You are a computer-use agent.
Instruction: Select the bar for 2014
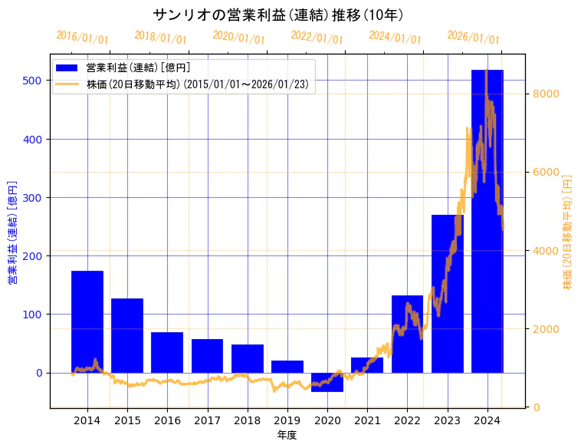coord(87,321)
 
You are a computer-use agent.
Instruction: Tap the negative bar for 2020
coord(327,382)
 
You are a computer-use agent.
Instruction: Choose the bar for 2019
coord(287,367)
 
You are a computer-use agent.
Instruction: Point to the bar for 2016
coord(167,352)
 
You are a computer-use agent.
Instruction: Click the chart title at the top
coord(278,15)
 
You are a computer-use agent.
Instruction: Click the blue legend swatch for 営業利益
coord(67,68)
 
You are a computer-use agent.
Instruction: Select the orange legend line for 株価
coord(67,84)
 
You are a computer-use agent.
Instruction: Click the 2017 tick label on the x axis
coord(207,420)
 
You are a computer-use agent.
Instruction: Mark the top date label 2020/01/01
coord(239,37)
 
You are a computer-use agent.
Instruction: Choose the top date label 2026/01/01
coord(473,37)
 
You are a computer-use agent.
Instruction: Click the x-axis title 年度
coord(287,435)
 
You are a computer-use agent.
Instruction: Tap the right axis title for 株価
coord(568,232)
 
